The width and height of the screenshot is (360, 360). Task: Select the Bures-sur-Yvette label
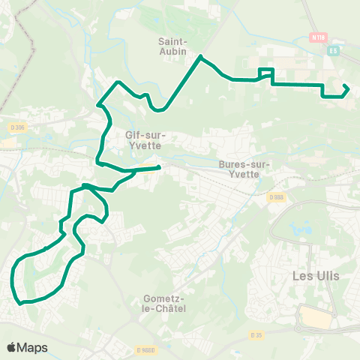238,169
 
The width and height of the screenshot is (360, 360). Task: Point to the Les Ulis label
315,276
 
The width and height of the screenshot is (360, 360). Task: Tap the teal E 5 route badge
334,51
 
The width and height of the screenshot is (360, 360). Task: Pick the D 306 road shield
8,127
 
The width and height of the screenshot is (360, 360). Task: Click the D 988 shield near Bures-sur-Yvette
274,197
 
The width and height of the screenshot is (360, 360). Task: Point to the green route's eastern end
348,88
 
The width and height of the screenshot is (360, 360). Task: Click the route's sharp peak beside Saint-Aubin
201,56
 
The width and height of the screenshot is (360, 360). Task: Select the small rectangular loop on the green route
266,73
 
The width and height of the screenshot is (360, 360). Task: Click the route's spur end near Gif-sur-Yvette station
160,167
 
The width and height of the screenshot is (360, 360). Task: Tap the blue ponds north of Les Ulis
306,226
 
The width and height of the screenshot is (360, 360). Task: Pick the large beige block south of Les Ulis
315,318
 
